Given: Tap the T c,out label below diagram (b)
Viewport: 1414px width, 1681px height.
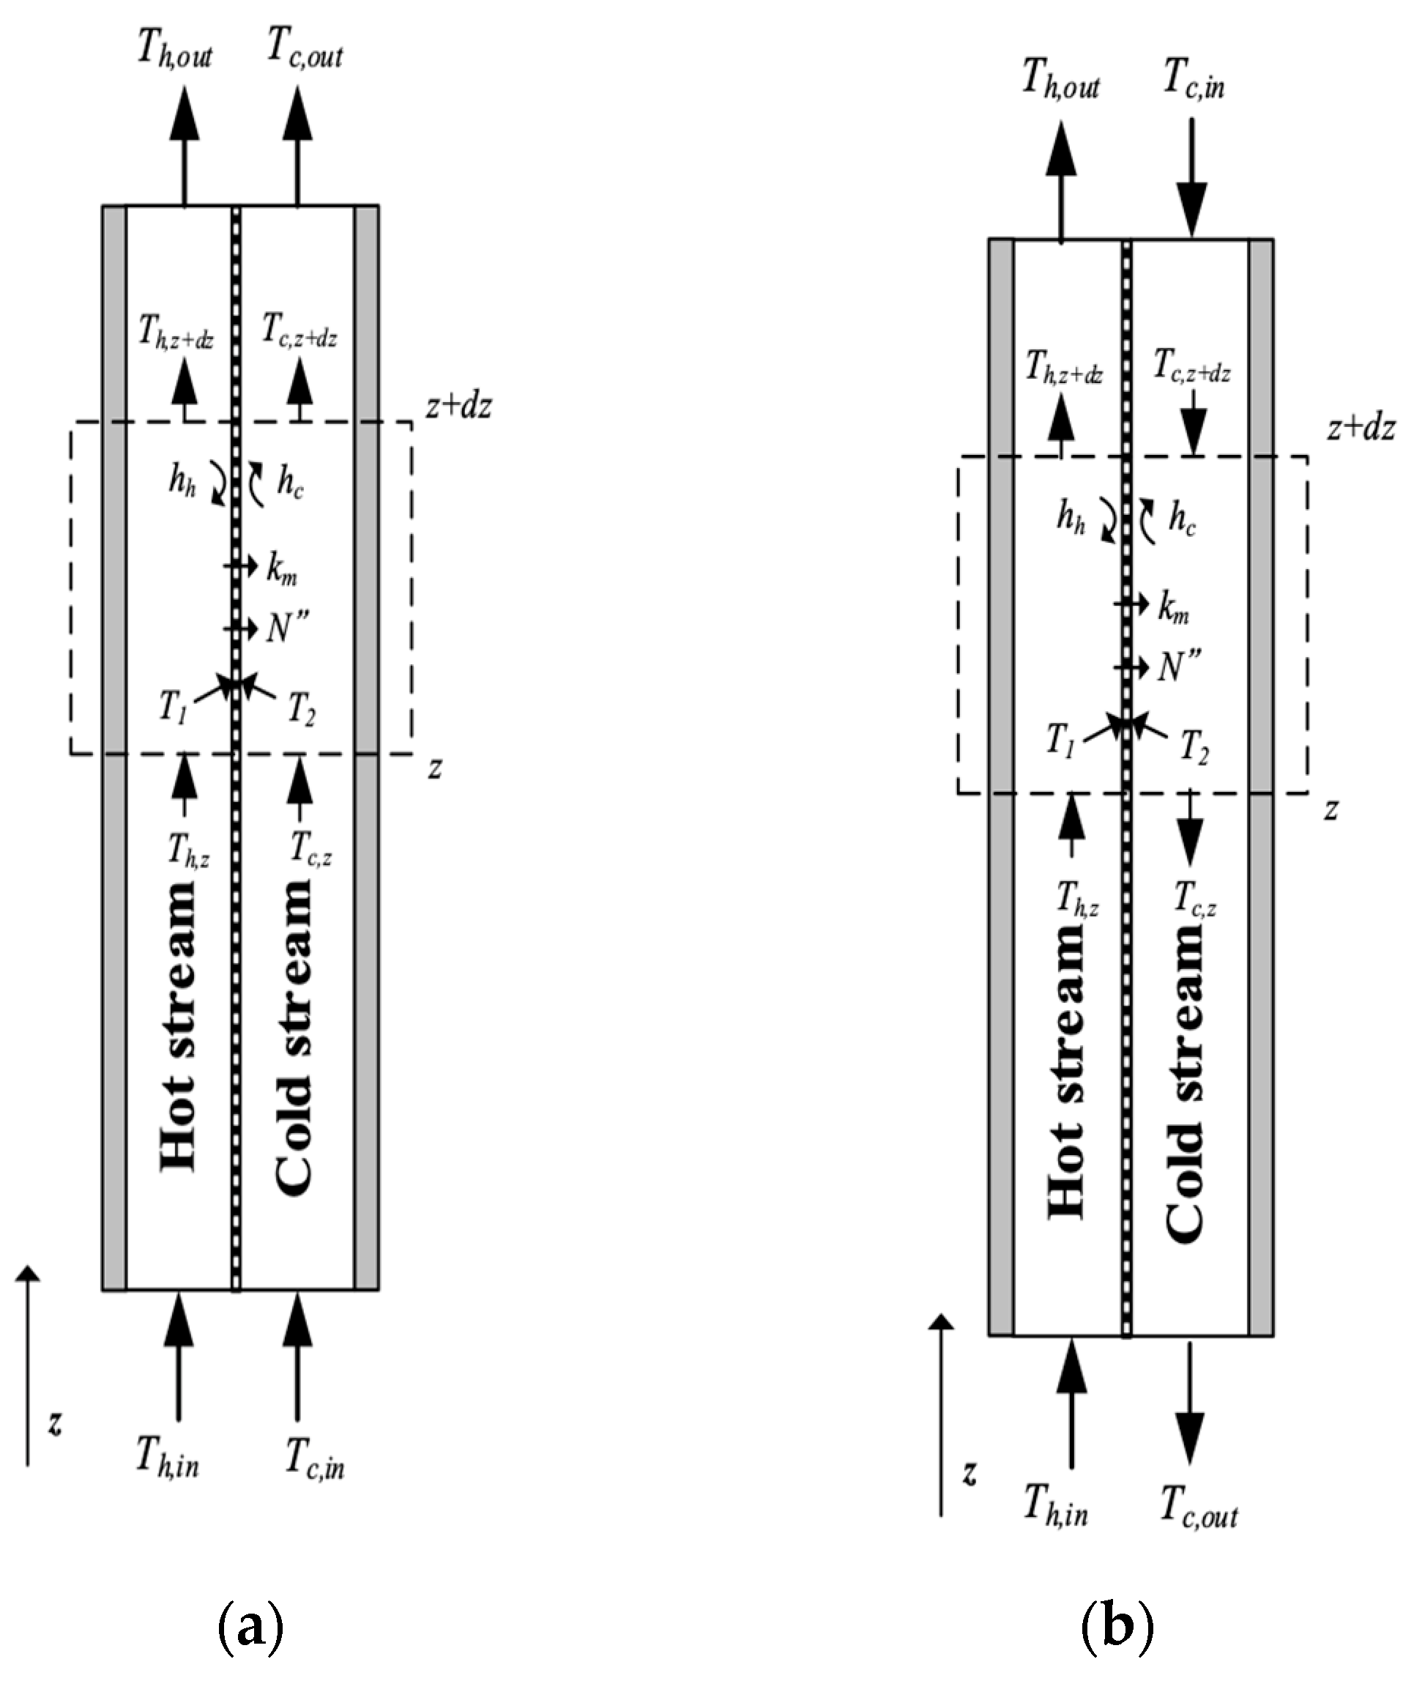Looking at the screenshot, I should pyautogui.click(x=1199, y=1512).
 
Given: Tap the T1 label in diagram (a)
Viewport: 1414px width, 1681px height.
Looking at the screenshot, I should pyautogui.click(x=173, y=710).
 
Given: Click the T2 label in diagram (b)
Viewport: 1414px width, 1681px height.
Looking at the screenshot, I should pyautogui.click(x=1194, y=749).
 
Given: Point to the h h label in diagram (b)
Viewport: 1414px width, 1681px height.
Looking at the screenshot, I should pyautogui.click(x=1070, y=519).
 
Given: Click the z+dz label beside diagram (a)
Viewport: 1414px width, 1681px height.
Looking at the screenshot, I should pyautogui.click(x=458, y=407).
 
